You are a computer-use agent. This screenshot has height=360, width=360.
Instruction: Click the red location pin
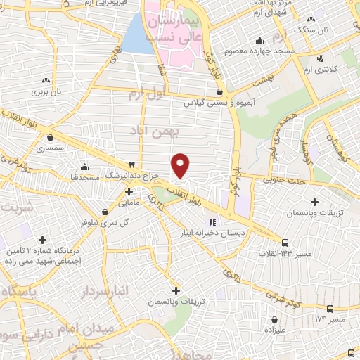(x=181, y=165)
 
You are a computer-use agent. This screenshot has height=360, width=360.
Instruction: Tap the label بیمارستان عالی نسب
(x=174, y=29)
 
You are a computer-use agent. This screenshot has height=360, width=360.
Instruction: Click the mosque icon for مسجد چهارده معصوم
(x=260, y=40)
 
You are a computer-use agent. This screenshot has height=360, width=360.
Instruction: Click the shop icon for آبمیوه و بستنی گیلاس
(x=220, y=91)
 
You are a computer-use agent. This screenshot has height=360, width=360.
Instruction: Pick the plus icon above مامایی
(x=129, y=191)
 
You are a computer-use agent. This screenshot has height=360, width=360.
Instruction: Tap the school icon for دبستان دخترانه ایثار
(x=214, y=224)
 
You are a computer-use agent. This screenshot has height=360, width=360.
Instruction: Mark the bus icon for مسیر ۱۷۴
(x=330, y=309)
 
